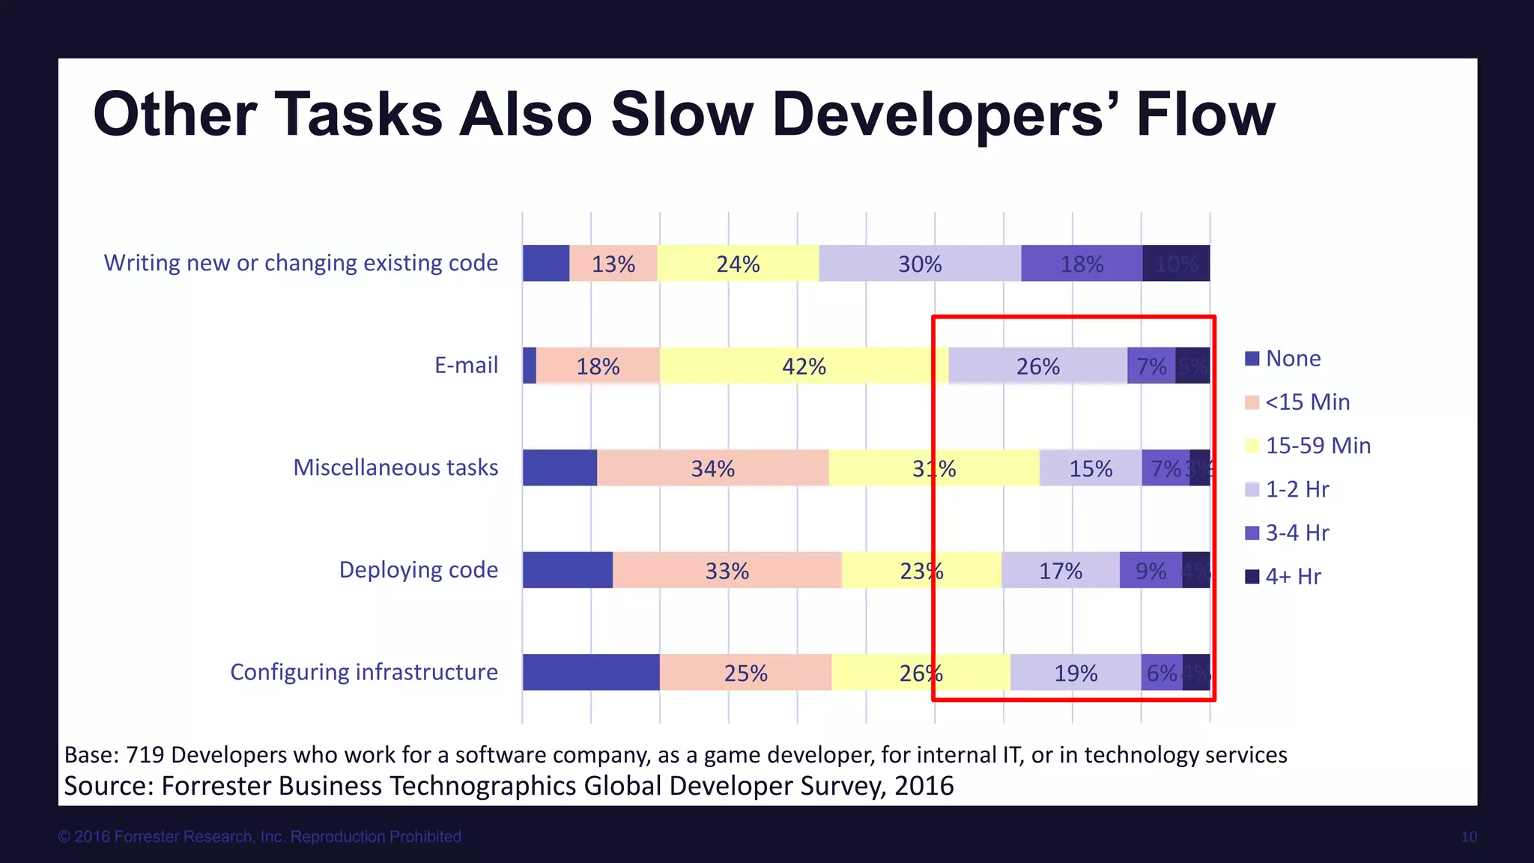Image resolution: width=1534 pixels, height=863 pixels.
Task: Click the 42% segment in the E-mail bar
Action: [x=804, y=366]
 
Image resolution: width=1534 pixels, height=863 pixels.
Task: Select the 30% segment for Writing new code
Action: [x=920, y=264]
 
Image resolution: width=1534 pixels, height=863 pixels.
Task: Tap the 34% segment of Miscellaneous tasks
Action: [x=712, y=468]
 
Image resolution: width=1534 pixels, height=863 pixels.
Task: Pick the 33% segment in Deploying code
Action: [x=727, y=571]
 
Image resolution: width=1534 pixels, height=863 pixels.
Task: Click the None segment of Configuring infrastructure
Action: [x=590, y=673]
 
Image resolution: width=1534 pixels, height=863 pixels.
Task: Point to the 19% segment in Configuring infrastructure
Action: [x=1076, y=673]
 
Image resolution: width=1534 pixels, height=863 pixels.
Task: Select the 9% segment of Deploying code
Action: [x=1150, y=571]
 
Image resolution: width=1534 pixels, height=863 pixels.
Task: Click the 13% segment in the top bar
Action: [x=613, y=264]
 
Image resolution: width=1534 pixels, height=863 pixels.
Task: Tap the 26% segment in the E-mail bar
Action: [x=1037, y=366]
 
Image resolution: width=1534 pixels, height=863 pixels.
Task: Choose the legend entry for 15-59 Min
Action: [x=1318, y=446]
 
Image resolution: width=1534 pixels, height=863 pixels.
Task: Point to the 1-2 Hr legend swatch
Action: [x=1252, y=490]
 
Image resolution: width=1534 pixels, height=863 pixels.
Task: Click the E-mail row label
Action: [x=466, y=366]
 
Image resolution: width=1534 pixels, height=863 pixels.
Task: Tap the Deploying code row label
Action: [x=418, y=570]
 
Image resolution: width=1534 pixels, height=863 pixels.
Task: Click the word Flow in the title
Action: [x=1204, y=115]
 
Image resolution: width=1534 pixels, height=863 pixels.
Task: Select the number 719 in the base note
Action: [x=145, y=754]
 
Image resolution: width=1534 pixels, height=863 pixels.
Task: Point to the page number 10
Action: [x=1468, y=837]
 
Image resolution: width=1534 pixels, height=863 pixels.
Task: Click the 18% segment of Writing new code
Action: [x=1082, y=264]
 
